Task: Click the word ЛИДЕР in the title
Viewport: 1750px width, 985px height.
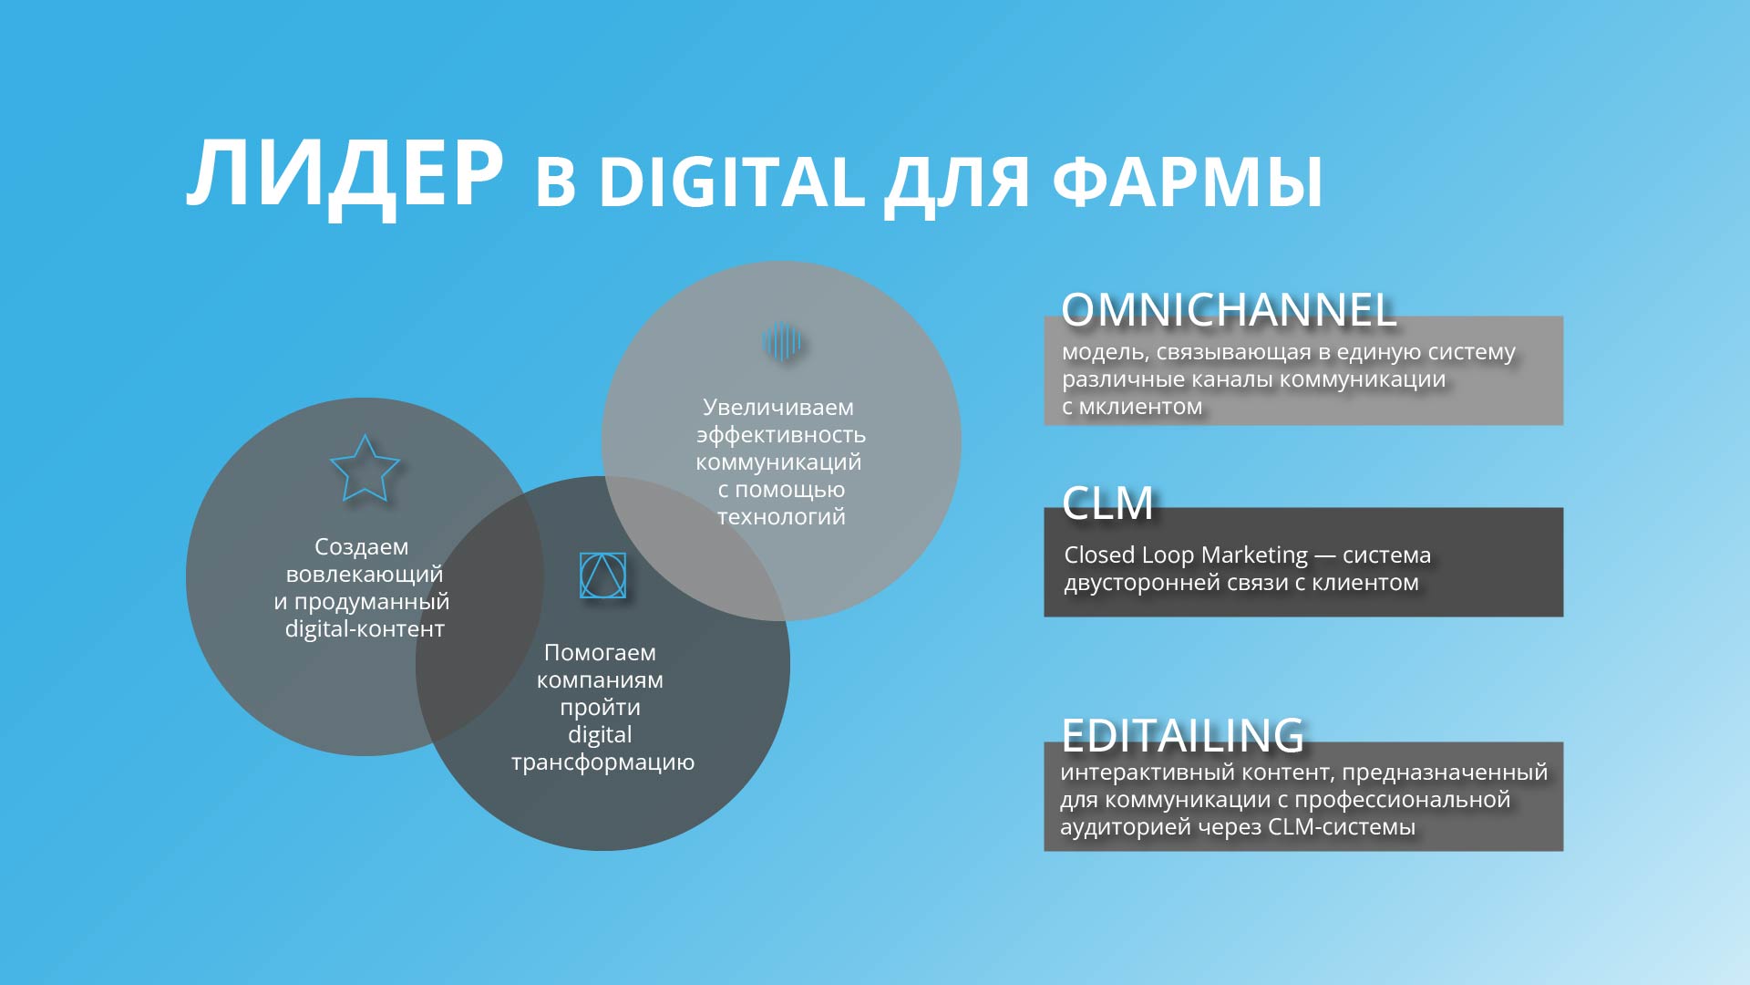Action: [345, 176]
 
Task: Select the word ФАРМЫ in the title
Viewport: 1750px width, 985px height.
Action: [1188, 181]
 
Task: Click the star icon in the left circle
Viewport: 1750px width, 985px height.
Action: [365, 468]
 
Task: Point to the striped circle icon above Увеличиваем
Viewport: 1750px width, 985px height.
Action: [781, 342]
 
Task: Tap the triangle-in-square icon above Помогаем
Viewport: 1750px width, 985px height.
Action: [602, 575]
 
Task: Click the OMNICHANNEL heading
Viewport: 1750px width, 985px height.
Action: [1229, 310]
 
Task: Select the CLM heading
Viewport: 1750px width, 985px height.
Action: [1107, 503]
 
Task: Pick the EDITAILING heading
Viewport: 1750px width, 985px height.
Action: [1183, 735]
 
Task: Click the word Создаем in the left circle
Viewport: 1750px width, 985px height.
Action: [362, 546]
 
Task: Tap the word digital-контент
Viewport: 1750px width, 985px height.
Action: [365, 628]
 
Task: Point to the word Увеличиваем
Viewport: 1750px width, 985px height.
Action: [778, 407]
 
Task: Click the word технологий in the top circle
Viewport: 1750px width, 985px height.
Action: [781, 516]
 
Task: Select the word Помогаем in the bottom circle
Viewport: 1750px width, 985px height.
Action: [600, 652]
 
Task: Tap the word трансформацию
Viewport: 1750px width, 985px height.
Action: [602, 762]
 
